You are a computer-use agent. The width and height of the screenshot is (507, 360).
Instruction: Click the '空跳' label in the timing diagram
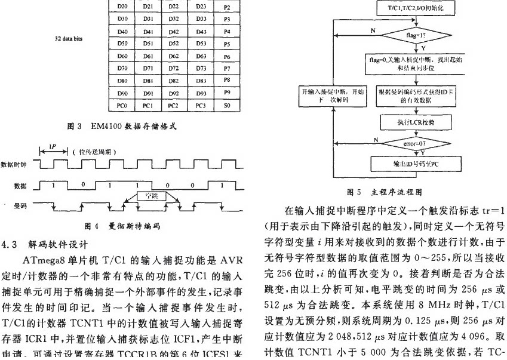point(148,195)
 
